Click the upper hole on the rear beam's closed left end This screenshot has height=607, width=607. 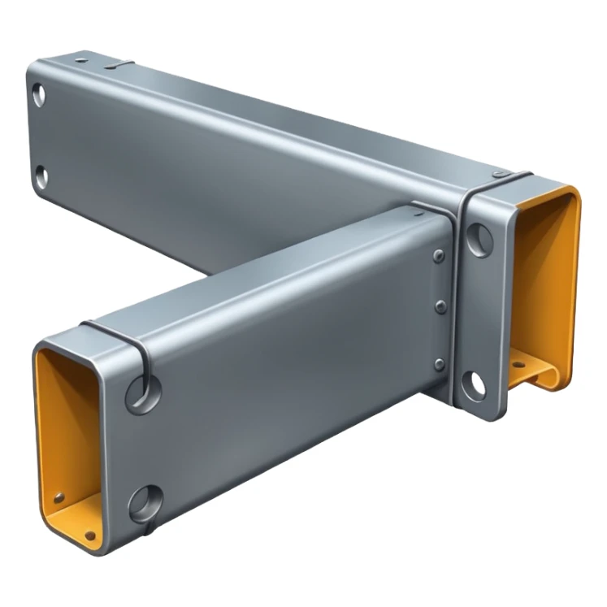coord(38,96)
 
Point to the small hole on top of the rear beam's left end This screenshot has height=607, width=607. coord(80,59)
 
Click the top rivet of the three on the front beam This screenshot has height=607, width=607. coord(439,257)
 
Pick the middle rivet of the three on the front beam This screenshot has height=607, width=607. coord(441,307)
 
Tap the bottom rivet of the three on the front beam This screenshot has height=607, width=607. coord(440,364)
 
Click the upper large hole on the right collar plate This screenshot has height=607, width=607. coord(480,239)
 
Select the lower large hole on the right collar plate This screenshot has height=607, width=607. coord(473,384)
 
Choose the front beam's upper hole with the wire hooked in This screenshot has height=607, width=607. coord(142,393)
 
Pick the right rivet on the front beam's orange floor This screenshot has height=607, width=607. coord(89,535)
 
